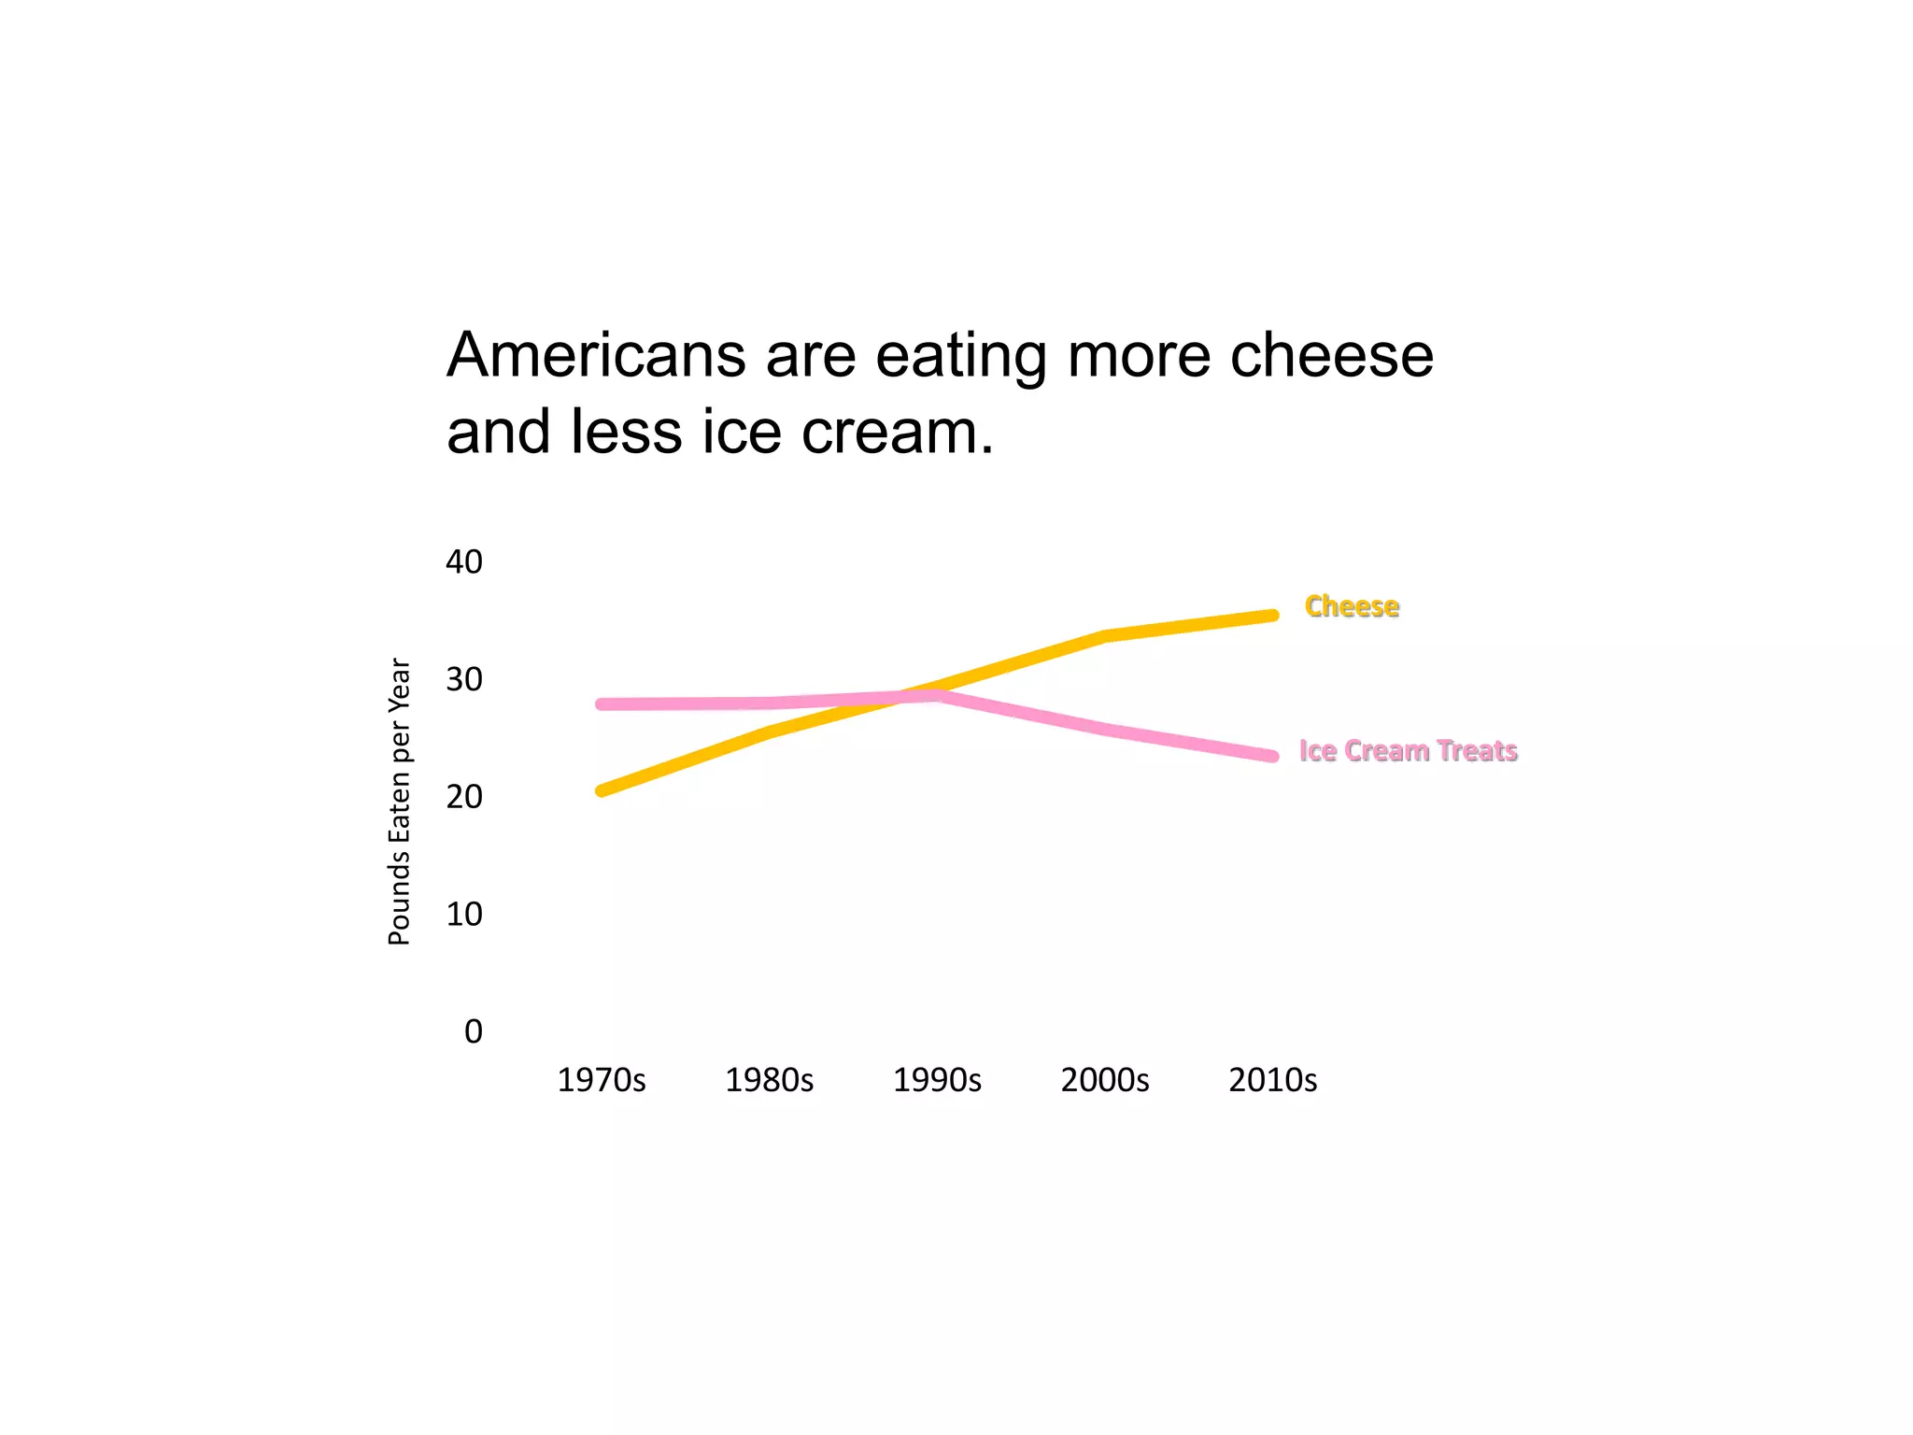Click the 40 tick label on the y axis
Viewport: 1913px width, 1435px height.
[x=464, y=561]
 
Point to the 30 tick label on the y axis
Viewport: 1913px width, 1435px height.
[x=464, y=679]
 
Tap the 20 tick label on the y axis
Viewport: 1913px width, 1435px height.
[x=464, y=797]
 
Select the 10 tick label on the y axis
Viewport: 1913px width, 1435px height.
[x=464, y=914]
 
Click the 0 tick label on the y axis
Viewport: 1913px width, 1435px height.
[x=474, y=1031]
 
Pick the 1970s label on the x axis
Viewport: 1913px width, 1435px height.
[x=602, y=1080]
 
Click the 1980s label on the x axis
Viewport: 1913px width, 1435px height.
[x=769, y=1080]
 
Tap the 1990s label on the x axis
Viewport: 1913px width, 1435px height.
[x=937, y=1080]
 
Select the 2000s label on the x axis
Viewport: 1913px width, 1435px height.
[x=1105, y=1080]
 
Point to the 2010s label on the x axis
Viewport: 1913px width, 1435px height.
[x=1272, y=1080]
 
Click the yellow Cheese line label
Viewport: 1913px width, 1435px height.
[x=1352, y=606]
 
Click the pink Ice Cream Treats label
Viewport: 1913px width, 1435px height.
[x=1408, y=751]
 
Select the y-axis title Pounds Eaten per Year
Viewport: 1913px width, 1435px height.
[x=399, y=802]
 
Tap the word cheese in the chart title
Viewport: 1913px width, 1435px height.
[x=1331, y=356]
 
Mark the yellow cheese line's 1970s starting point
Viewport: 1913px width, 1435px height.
[x=602, y=790]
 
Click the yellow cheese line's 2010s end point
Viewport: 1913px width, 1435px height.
[x=1272, y=616]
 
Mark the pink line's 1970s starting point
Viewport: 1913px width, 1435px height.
[x=602, y=703]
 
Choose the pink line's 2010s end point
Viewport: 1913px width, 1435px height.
[x=1272, y=756]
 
